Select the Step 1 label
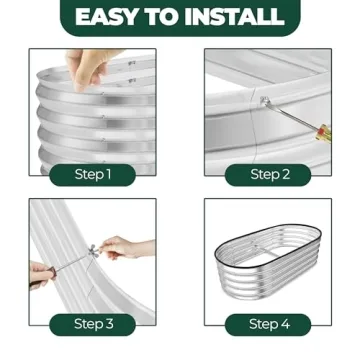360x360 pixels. click(93, 175)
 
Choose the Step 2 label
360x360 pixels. click(269, 175)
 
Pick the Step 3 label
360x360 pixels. click(93, 324)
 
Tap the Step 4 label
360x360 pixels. click(269, 324)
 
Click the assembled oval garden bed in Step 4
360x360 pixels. click(268, 258)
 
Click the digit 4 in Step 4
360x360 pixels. click(285, 324)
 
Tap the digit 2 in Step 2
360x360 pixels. click(285, 175)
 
